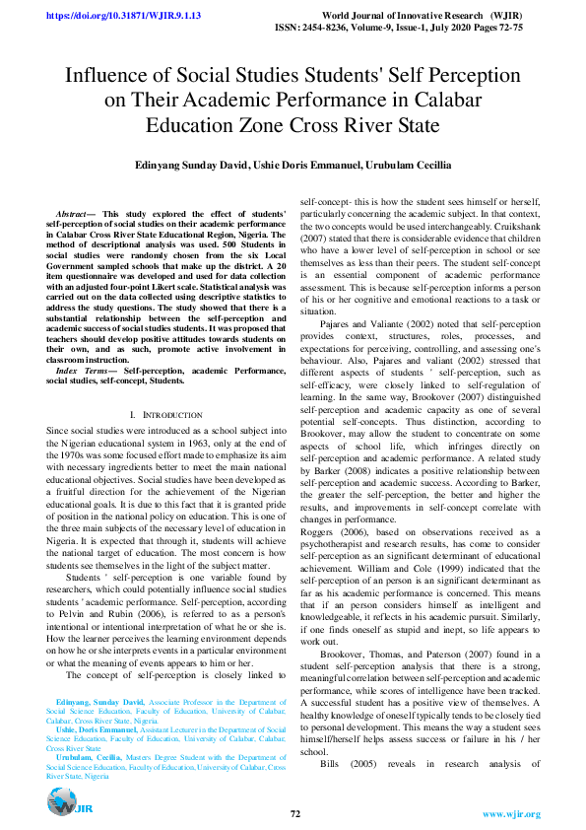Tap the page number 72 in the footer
click(x=294, y=813)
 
